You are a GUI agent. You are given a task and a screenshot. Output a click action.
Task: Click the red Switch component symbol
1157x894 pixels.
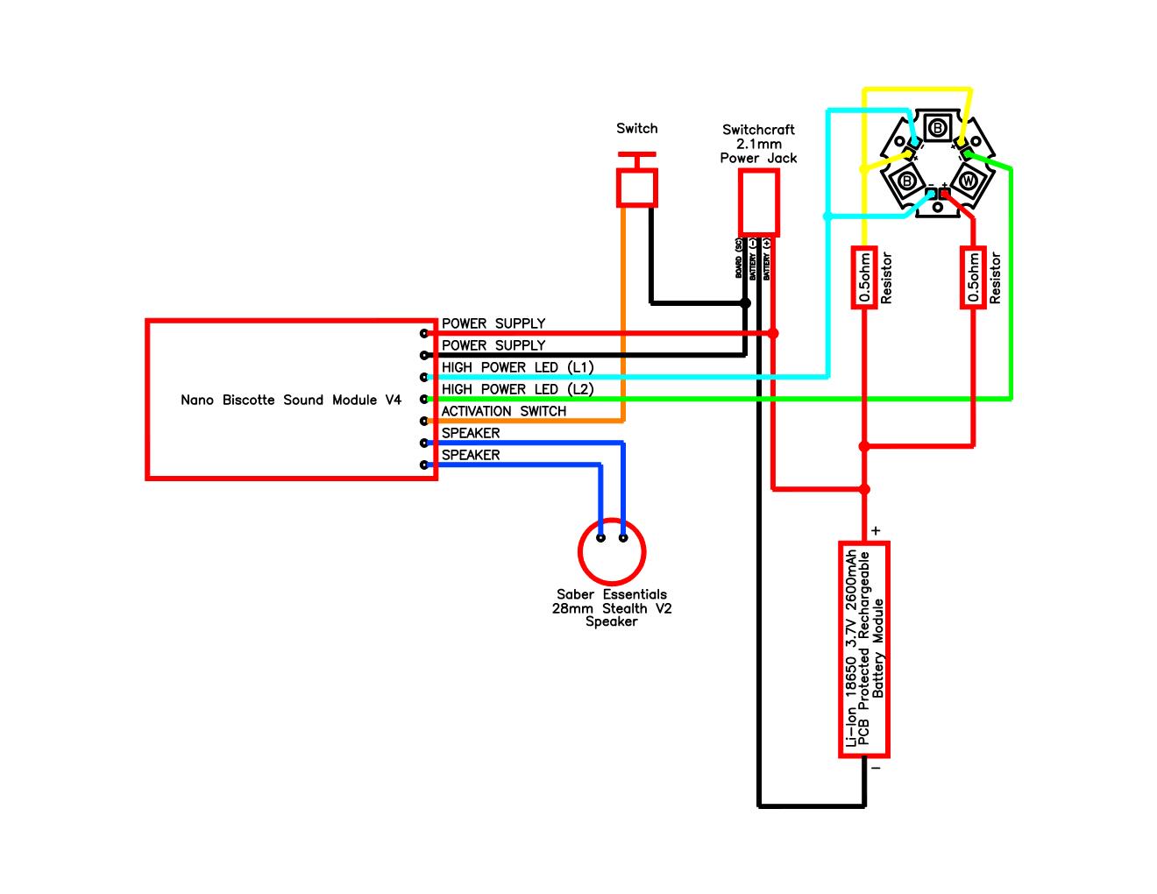click(x=637, y=186)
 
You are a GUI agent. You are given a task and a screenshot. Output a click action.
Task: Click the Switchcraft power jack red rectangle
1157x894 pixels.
click(x=759, y=200)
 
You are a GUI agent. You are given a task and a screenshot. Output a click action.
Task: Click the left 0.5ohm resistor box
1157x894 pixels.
click(x=864, y=278)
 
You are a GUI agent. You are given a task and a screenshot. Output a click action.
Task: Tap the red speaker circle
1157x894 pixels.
click(x=612, y=552)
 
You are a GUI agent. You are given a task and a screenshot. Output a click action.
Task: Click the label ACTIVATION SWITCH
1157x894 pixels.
click(x=504, y=411)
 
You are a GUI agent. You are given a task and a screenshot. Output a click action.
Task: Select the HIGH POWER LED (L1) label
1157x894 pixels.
click(x=518, y=367)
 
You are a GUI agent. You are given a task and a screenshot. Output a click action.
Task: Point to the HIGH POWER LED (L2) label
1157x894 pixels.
click(x=518, y=389)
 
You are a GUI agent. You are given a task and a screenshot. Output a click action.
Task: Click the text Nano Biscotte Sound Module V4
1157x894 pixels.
click(x=291, y=400)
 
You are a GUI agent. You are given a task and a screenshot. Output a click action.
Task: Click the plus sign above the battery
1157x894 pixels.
click(x=876, y=530)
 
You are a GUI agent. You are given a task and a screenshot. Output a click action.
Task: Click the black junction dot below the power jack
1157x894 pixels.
click(x=745, y=303)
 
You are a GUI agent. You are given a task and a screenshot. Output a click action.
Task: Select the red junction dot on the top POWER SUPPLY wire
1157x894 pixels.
click(x=772, y=333)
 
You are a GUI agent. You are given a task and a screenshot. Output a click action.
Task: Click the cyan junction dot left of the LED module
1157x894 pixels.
click(x=827, y=216)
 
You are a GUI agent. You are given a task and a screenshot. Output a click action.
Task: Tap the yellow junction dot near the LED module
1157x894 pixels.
click(x=864, y=169)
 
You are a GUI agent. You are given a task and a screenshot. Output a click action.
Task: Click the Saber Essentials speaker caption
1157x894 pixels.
click(x=612, y=607)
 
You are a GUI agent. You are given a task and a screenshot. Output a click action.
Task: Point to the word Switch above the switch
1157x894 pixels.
click(x=636, y=128)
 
